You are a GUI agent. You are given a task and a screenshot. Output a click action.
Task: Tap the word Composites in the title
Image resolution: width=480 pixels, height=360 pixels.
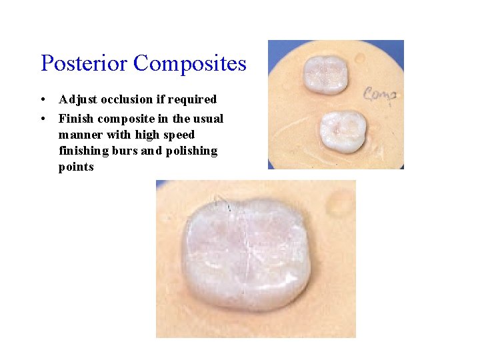189,63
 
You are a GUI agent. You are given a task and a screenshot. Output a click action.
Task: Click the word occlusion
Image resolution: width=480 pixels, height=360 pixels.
127,100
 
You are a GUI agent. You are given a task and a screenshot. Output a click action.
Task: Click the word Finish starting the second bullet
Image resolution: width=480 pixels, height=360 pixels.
76,119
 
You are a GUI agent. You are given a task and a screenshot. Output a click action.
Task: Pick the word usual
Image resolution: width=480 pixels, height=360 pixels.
208,119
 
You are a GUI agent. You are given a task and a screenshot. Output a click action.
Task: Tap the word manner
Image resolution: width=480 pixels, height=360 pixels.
80,135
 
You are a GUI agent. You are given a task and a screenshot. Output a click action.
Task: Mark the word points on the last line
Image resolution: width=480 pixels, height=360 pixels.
76,167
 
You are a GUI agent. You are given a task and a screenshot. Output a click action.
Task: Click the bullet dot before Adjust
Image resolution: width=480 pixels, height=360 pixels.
43,100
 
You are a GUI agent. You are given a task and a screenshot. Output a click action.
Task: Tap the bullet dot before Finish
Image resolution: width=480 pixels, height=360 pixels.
43,119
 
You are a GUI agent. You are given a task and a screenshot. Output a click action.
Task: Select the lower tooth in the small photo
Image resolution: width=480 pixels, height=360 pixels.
343,130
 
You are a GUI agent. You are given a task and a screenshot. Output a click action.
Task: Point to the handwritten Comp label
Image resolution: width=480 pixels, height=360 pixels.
380,94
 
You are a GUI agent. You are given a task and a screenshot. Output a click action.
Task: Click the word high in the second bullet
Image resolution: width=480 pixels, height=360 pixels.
141,135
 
